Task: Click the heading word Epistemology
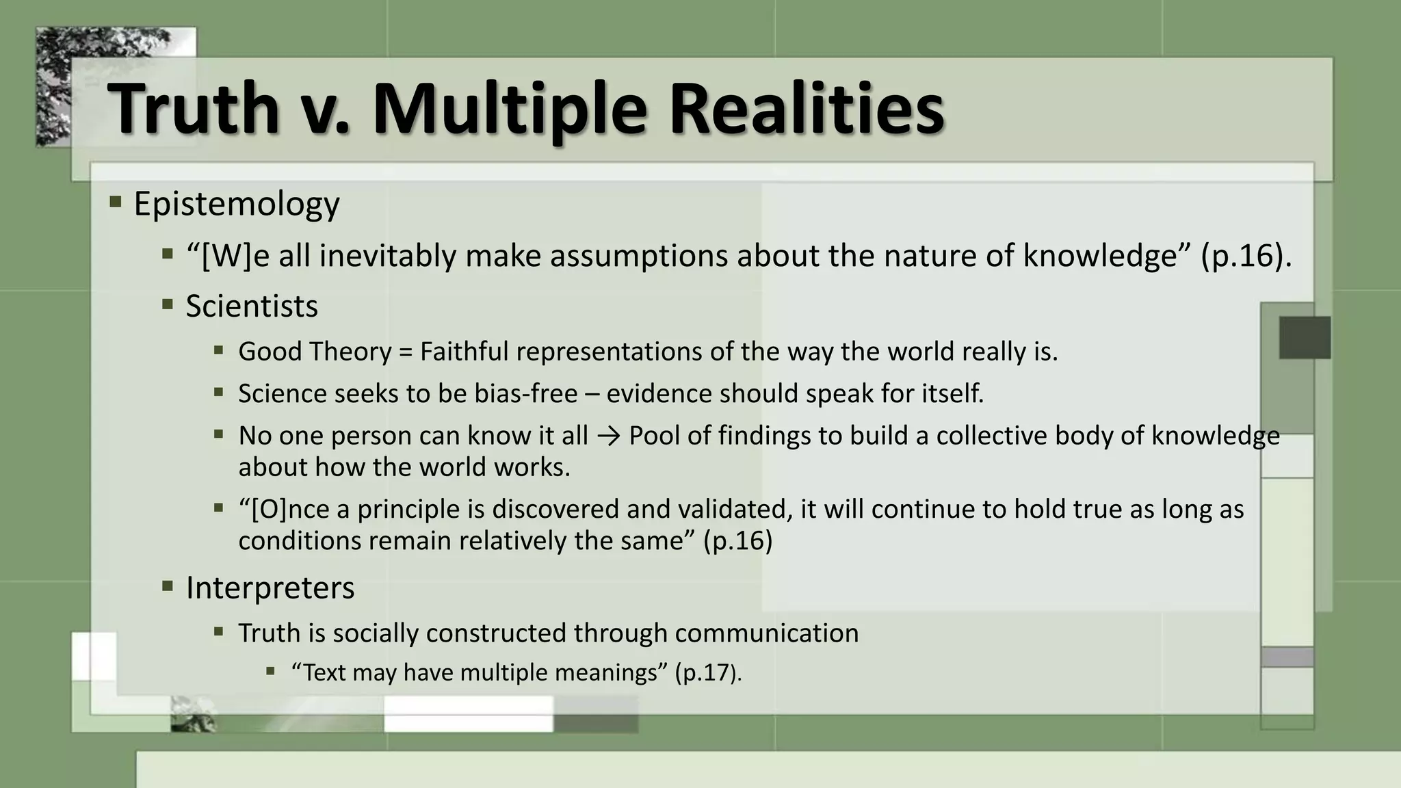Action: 236,204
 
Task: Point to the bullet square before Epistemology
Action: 115,202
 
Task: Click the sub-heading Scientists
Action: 251,306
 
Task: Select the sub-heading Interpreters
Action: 270,588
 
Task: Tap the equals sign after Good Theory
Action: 406,352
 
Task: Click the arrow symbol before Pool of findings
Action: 608,436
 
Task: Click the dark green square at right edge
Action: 1305,337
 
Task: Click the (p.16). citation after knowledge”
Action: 1246,256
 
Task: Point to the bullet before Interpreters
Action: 168,586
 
